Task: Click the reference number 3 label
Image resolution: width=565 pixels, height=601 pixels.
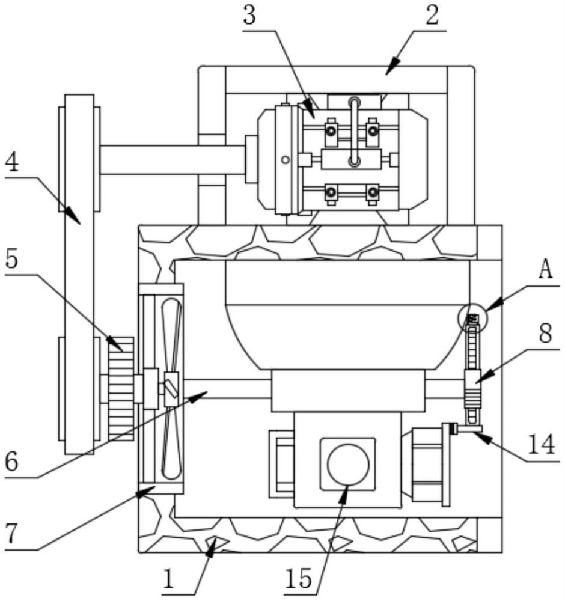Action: pos(249,16)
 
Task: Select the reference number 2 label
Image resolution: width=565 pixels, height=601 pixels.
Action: pos(432,16)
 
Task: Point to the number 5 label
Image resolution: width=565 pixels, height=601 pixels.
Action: pos(12,260)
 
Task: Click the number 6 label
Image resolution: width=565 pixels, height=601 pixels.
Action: pos(12,462)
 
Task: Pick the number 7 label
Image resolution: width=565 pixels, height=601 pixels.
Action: pos(11,534)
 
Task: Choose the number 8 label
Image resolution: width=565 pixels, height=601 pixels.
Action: pos(545,333)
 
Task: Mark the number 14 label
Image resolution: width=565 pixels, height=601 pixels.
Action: pos(541,444)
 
